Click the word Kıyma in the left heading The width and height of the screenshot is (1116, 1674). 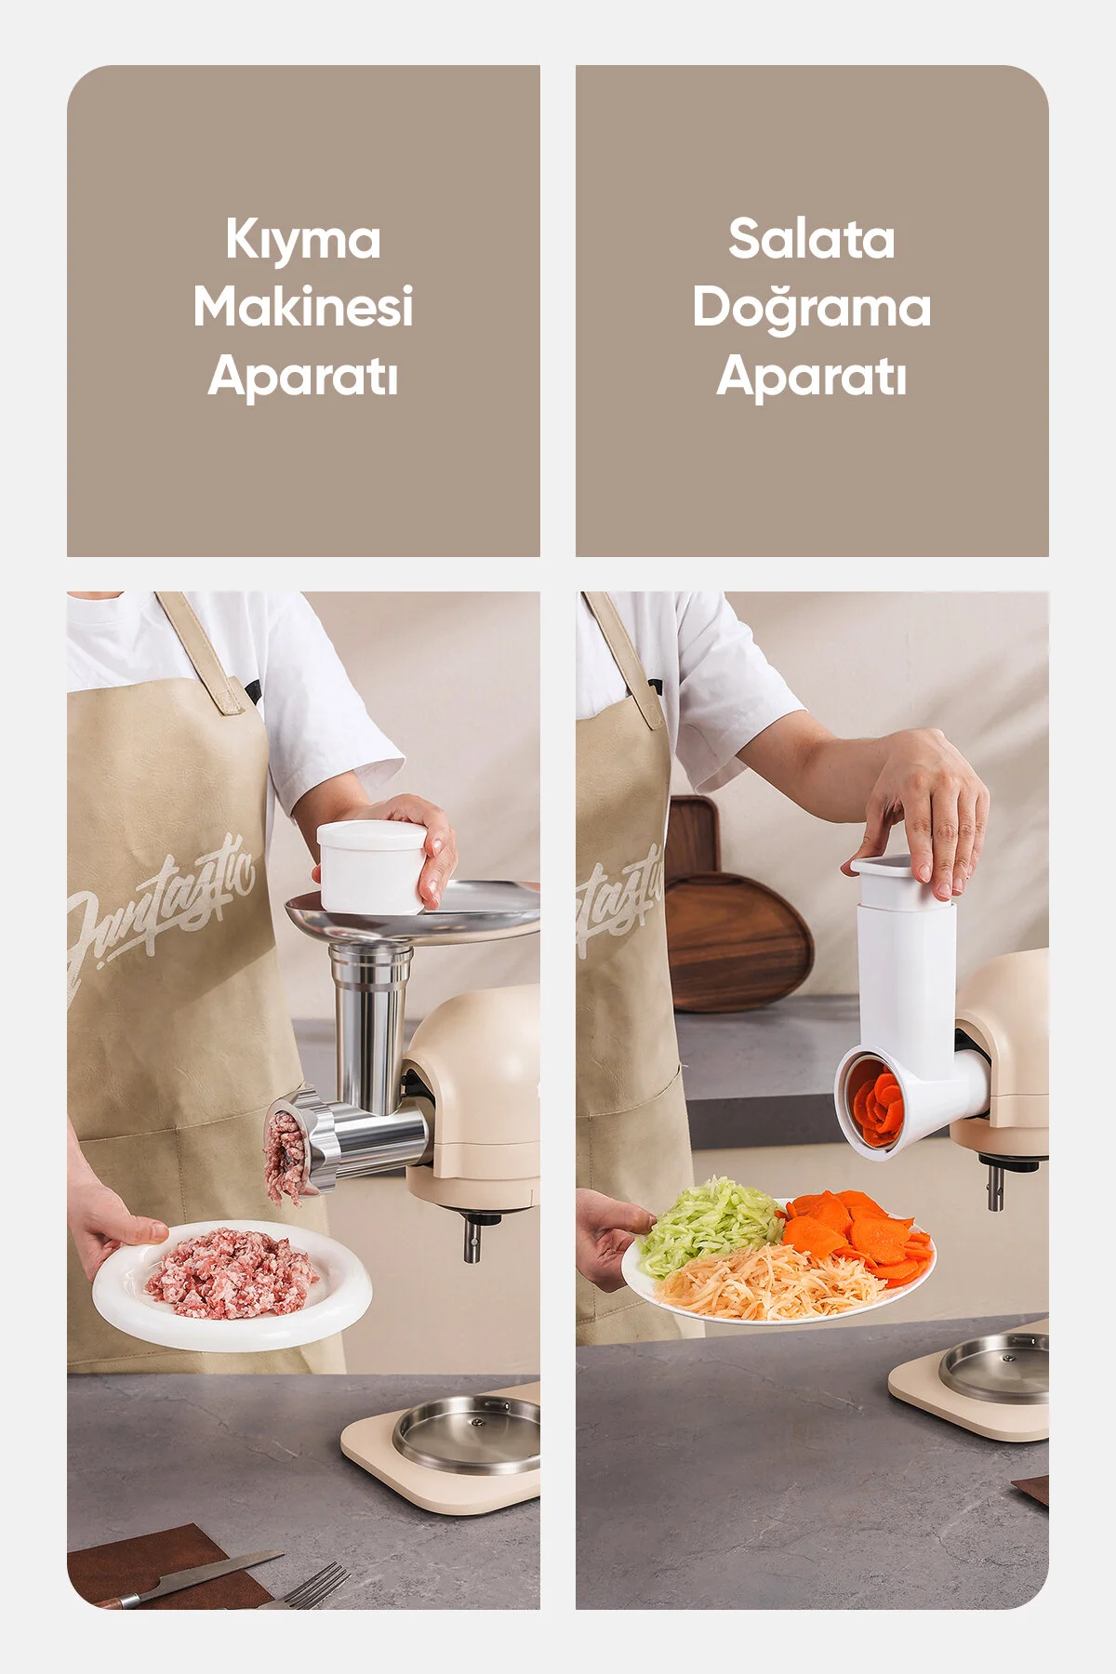[x=303, y=241]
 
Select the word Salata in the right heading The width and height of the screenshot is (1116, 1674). [x=812, y=239]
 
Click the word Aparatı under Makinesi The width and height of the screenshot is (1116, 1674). [x=303, y=377]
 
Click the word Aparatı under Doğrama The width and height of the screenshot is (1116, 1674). [x=812, y=377]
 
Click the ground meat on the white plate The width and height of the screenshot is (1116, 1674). [x=232, y=1271]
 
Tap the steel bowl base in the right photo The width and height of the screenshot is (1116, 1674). [x=995, y=1367]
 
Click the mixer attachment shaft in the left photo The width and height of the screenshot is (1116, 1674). [x=472, y=1238]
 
